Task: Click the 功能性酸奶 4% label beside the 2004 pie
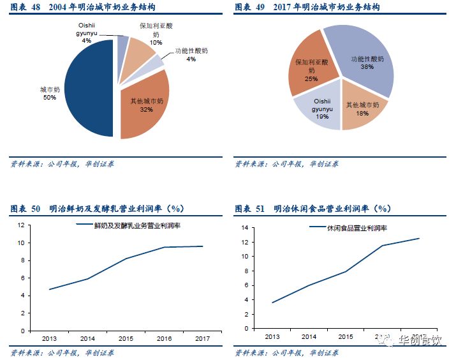pyautogui.click(x=191, y=54)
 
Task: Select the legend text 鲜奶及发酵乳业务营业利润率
pyautogui.click(x=137, y=226)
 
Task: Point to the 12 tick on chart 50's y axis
pyautogui.click(x=20, y=225)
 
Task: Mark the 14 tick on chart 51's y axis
pyautogui.click(x=244, y=228)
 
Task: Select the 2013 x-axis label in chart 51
pyautogui.click(x=272, y=336)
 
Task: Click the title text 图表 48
pyautogui.click(x=26, y=8)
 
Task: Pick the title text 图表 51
pyautogui.click(x=250, y=209)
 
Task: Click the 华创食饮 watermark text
pyautogui.click(x=420, y=340)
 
